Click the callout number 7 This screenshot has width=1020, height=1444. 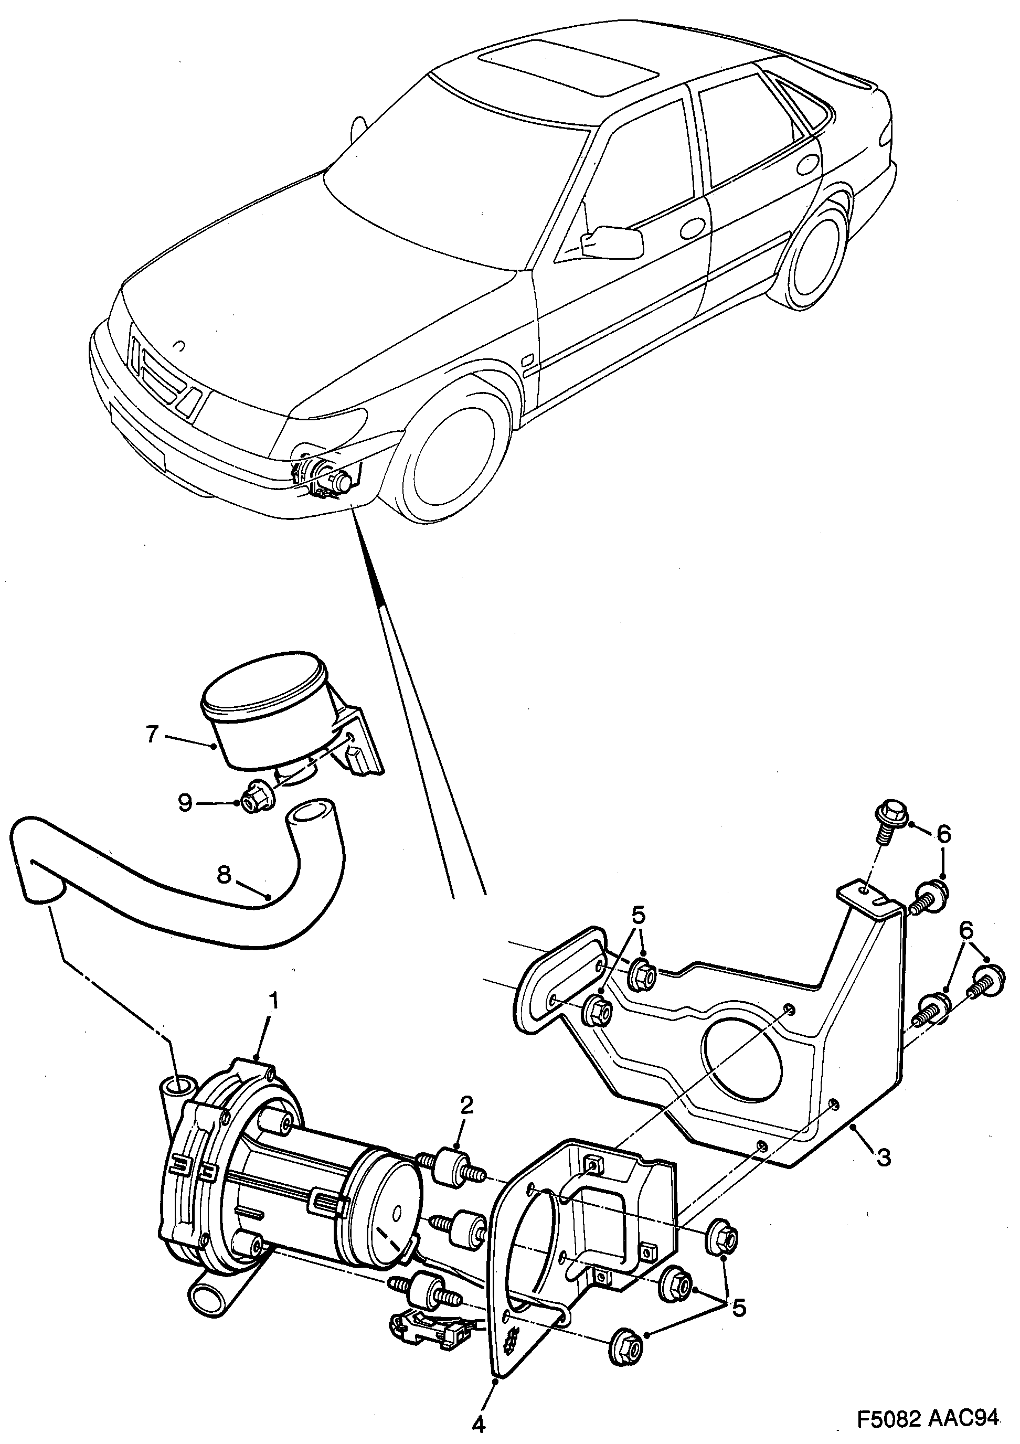(152, 734)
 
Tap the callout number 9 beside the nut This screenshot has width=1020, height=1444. (184, 803)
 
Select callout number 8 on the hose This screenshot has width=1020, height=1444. (225, 874)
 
